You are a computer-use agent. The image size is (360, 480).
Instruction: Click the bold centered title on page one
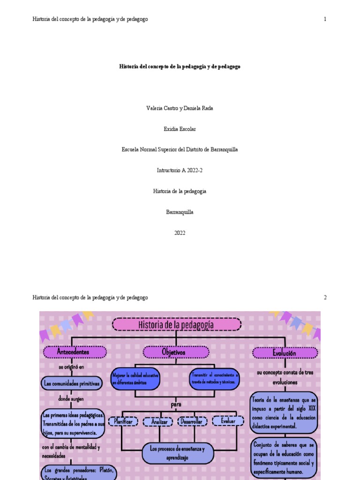(180, 67)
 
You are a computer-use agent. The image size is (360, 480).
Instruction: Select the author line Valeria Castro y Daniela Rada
(180, 108)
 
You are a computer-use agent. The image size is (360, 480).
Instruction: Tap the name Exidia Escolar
(180, 129)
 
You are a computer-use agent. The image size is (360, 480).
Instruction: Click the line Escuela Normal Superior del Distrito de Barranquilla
(180, 150)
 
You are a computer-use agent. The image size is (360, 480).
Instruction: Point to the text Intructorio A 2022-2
(180, 171)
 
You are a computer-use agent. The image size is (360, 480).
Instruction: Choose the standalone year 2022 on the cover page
(180, 233)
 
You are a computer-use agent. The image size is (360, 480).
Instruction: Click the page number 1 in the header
(325, 19)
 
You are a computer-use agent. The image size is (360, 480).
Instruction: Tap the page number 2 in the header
(325, 298)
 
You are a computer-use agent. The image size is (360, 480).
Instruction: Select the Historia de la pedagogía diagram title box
(176, 324)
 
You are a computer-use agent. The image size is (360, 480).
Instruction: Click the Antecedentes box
(73, 352)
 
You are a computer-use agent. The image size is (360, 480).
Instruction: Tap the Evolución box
(285, 353)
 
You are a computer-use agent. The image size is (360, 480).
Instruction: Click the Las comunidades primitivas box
(71, 383)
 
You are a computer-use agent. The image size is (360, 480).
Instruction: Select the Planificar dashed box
(123, 421)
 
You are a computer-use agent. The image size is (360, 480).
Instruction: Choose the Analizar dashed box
(159, 422)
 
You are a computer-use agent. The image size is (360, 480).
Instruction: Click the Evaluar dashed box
(228, 421)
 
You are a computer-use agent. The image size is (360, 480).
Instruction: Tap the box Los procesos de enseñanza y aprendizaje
(177, 453)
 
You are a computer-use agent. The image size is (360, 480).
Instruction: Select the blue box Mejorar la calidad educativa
(135, 379)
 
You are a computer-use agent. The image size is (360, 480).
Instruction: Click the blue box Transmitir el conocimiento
(215, 379)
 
